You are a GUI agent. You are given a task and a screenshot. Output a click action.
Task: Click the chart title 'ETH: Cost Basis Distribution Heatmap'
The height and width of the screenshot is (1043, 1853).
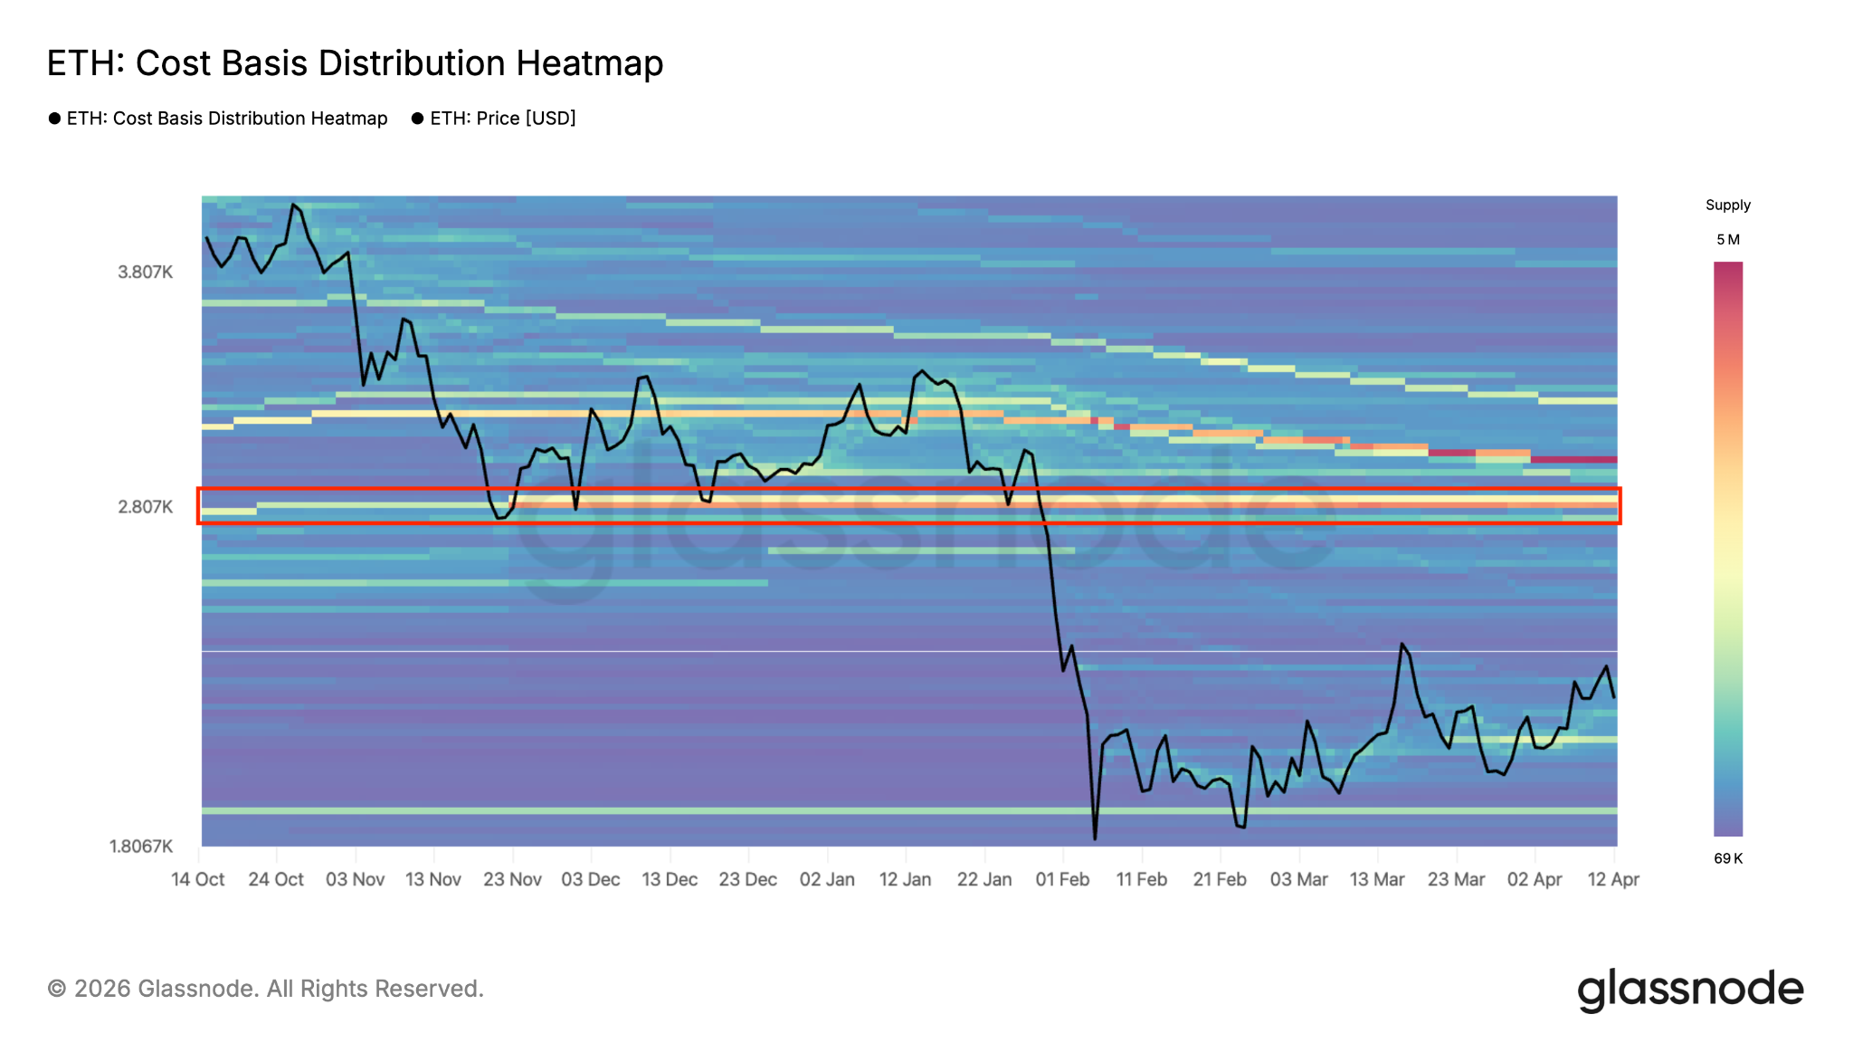[x=355, y=63]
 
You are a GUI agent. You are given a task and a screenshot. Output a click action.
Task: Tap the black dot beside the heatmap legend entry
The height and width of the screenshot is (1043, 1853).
[x=54, y=119]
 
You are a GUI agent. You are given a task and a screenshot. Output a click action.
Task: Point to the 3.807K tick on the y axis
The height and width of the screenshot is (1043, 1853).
[x=145, y=273]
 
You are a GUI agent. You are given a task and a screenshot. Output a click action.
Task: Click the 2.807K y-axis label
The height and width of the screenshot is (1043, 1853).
[x=145, y=507]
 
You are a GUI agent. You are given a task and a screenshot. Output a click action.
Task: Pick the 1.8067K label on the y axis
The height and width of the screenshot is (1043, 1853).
[x=140, y=847]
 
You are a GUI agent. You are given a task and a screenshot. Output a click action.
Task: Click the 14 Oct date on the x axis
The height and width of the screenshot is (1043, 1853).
[x=198, y=879]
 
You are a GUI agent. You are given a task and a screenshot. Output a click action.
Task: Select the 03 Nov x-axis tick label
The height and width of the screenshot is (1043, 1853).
[x=355, y=879]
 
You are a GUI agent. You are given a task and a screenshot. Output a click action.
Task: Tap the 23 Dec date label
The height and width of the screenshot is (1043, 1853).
[x=748, y=879]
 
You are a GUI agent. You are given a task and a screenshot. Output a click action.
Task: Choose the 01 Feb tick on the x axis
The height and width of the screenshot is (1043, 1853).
[x=1062, y=879]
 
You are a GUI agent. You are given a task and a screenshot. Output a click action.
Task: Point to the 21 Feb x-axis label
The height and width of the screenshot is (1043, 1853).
[x=1220, y=879]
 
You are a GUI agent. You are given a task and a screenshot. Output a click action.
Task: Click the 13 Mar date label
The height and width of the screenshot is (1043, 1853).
[x=1377, y=879]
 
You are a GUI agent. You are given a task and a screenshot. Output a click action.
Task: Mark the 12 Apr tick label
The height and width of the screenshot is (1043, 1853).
[x=1613, y=879]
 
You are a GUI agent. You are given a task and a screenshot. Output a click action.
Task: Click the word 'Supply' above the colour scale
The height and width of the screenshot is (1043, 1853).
[x=1728, y=206]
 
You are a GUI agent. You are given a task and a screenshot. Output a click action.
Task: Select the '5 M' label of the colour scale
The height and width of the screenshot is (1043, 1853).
[x=1728, y=240]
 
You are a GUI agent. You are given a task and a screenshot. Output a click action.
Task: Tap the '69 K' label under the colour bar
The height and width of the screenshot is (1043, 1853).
[x=1728, y=858]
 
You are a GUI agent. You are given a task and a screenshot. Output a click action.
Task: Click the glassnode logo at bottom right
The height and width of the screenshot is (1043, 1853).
[x=1690, y=990]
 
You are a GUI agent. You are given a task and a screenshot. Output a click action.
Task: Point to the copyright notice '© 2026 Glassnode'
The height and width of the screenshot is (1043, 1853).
[x=265, y=989]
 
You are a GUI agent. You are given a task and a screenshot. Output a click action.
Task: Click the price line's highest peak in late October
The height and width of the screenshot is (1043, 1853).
[x=293, y=205]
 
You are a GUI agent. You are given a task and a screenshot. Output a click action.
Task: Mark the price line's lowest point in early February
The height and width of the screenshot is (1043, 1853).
[x=1095, y=838]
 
